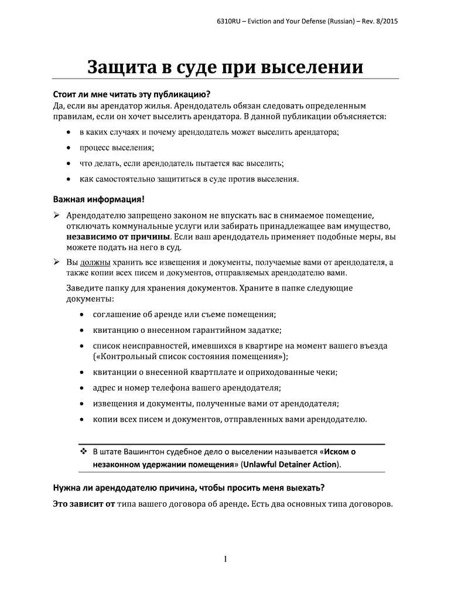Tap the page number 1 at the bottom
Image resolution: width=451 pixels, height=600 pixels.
(225, 559)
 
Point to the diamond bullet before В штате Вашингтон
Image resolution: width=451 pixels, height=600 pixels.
(83, 452)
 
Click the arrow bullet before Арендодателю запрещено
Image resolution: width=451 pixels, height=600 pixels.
(57, 215)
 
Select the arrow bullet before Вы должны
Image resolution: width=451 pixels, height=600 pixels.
(57, 262)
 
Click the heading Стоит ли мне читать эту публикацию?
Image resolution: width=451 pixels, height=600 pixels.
(131, 94)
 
